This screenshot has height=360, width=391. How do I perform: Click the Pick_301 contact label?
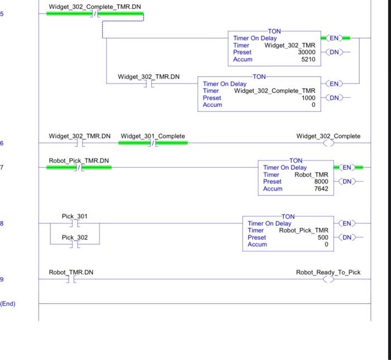(x=74, y=216)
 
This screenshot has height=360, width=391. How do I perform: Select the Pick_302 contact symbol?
(x=75, y=244)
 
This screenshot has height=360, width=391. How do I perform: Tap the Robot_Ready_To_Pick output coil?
(x=328, y=280)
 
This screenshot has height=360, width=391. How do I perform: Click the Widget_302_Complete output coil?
(x=328, y=143)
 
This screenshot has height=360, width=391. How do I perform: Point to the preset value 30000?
(x=306, y=52)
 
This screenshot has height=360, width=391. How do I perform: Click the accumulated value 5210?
(x=308, y=59)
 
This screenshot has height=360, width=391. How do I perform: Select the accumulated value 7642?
(x=321, y=189)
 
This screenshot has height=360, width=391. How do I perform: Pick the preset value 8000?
(x=321, y=182)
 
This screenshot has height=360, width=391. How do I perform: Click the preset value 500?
(x=323, y=237)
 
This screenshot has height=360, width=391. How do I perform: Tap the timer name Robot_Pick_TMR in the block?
(x=304, y=230)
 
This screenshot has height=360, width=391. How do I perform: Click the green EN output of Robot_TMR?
(x=347, y=167)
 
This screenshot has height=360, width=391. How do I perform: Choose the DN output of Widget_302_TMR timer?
(x=334, y=52)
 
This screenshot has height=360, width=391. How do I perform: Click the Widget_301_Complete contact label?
(x=152, y=136)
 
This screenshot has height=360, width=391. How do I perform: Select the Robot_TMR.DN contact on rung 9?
(x=71, y=280)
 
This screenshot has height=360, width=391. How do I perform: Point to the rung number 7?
(x=2, y=167)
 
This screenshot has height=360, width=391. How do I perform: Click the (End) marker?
(x=8, y=304)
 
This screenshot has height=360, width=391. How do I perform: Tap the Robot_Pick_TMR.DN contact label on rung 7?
(x=79, y=160)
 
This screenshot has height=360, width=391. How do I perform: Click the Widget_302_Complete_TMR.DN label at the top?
(x=95, y=7)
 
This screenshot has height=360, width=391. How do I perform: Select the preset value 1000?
(x=308, y=98)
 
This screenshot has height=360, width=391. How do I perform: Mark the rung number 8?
(x=2, y=224)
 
